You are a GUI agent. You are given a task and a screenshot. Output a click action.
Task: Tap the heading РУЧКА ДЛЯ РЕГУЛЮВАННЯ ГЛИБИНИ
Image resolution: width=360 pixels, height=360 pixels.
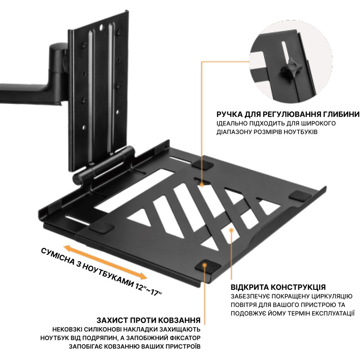[x=288, y=114]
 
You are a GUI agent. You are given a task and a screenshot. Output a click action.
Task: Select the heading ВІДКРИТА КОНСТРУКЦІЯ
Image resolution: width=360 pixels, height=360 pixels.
[x=278, y=287]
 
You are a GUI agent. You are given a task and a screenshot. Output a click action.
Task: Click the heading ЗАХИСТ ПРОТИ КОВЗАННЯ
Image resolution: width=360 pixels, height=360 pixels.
[x=148, y=320]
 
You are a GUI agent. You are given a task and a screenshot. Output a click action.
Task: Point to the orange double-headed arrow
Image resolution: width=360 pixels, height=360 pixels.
[x=105, y=262]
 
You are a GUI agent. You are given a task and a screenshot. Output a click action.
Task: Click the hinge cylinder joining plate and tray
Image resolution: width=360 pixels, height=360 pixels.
[x=103, y=164]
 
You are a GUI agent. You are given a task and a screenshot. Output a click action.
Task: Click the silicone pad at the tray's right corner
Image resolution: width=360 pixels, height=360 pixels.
[x=300, y=196]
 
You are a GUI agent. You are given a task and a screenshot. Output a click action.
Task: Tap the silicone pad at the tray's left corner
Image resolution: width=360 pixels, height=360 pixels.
[x=102, y=228]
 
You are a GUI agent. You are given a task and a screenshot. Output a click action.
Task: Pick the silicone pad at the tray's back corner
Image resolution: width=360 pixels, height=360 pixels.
[x=202, y=164]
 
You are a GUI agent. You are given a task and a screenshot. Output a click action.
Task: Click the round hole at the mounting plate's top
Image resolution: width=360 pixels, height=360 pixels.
[x=101, y=27]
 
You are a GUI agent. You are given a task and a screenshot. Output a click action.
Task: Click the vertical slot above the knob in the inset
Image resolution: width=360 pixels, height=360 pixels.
[x=285, y=51]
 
